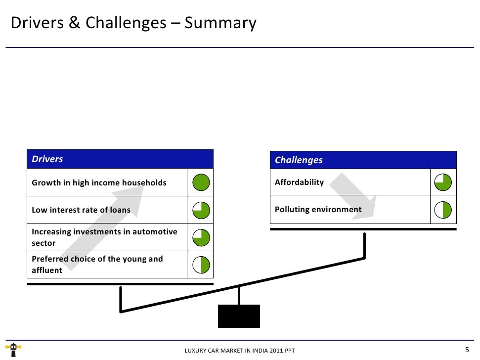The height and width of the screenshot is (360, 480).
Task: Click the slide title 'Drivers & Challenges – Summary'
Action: (x=133, y=23)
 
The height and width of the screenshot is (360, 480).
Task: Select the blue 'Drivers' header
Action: (x=47, y=159)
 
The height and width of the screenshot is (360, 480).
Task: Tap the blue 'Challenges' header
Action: (x=299, y=160)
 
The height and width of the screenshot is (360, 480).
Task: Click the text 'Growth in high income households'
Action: (x=99, y=183)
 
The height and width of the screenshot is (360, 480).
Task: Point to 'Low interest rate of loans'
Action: (x=81, y=210)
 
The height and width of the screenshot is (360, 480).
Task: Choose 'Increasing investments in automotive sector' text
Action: (x=104, y=237)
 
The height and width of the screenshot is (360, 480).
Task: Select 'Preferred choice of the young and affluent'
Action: (x=97, y=265)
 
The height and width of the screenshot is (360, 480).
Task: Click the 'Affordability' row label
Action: (x=299, y=182)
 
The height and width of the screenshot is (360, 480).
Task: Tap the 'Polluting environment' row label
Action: (x=318, y=210)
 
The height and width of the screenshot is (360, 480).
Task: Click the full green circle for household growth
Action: (x=201, y=183)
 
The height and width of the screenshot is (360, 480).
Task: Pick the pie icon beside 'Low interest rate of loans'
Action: (x=201, y=210)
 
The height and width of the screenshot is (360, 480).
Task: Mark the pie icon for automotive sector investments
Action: (x=201, y=238)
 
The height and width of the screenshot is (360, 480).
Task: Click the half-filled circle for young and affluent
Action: (x=201, y=265)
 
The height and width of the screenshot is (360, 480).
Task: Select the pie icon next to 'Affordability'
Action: (x=443, y=182)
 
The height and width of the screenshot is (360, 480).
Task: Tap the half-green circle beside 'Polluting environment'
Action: (x=443, y=210)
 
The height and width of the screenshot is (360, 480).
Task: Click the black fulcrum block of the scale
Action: (x=239, y=316)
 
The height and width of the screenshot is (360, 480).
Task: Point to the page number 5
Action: (x=467, y=350)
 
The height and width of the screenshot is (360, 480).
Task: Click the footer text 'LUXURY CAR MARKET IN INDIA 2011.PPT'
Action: (x=239, y=351)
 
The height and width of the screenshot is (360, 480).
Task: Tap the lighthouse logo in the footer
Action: (x=13, y=350)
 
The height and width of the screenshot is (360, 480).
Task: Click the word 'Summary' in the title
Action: (x=220, y=23)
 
